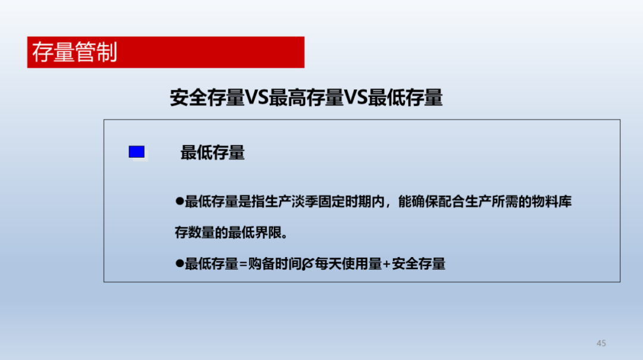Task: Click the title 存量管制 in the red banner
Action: coord(74,52)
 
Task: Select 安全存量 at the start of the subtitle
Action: coord(207,98)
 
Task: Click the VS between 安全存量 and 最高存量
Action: coord(257,98)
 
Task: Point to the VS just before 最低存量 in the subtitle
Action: coord(355,98)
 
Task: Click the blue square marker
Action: coord(136,152)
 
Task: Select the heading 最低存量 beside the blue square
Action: coord(213,152)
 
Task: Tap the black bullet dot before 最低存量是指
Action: coord(180,201)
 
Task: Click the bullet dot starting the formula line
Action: coord(180,263)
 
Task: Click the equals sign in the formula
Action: coord(243,264)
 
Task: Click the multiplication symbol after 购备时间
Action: coord(308,264)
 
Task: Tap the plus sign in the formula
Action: coord(387,264)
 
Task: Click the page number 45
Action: coord(601,343)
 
